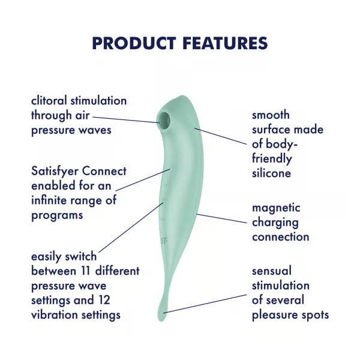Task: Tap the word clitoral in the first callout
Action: point(52,100)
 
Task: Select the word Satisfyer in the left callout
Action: point(55,172)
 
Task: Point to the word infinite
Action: point(53,200)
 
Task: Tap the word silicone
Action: point(271,173)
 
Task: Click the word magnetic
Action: point(276,208)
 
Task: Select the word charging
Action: point(275,222)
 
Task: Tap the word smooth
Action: point(271,115)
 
